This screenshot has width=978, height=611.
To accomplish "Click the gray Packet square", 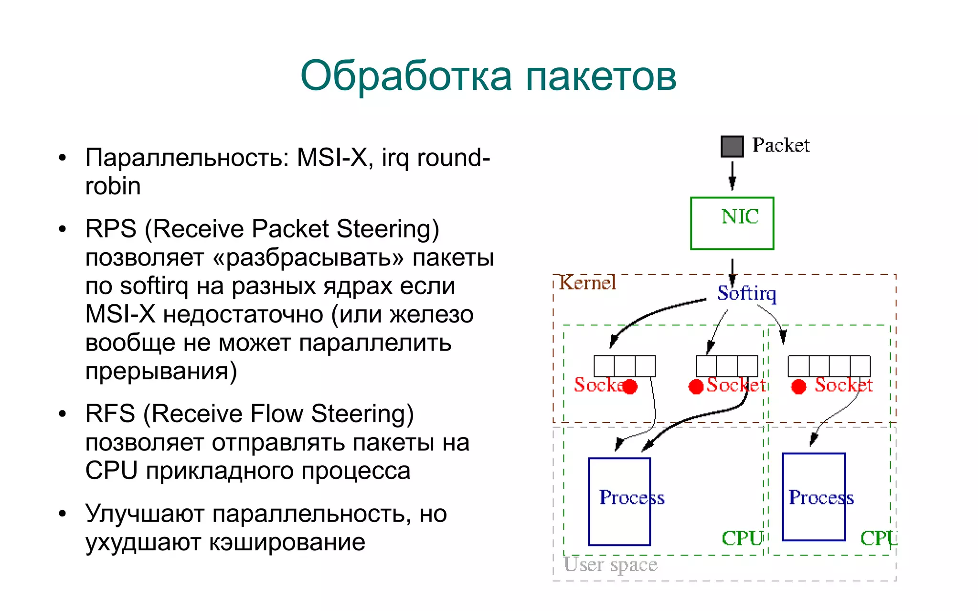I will coord(732,147).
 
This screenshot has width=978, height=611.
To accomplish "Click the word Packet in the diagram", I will coord(780,145).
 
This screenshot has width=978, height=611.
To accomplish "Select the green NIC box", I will coord(732,223).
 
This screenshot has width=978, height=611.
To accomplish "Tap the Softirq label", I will coord(746,293).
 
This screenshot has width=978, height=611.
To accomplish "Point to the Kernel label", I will coord(587,283).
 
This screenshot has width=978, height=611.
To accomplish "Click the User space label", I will coord(610,565).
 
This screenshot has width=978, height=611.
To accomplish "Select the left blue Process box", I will coord(619,502).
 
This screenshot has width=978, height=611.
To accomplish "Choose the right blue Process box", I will coord(814,497).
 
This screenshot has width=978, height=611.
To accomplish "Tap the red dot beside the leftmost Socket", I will coord(630,386).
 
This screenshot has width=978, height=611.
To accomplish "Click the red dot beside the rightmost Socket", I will coord(798,386).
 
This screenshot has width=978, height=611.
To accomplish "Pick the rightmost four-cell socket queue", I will coord(829,366).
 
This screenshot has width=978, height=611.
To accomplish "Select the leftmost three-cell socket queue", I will coord(624,366).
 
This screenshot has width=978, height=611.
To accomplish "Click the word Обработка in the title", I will coord(406,76).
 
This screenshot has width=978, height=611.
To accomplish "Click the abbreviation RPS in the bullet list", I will coord(110,229).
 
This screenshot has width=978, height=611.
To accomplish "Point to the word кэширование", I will coord(287,542).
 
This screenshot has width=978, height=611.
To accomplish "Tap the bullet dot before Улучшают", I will coord(62,514).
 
